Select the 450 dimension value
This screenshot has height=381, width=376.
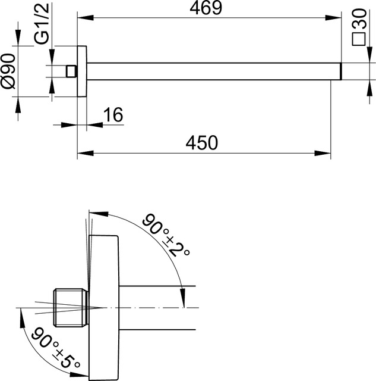point(203,143)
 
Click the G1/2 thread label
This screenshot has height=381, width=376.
point(41,30)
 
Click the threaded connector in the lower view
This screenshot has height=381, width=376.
point(71,307)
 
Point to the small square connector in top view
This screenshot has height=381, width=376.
point(72,71)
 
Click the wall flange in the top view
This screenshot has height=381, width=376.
point(83,71)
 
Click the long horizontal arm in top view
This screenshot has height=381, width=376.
point(214,71)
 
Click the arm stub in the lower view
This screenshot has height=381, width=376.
point(157,307)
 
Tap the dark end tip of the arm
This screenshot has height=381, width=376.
point(340,71)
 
